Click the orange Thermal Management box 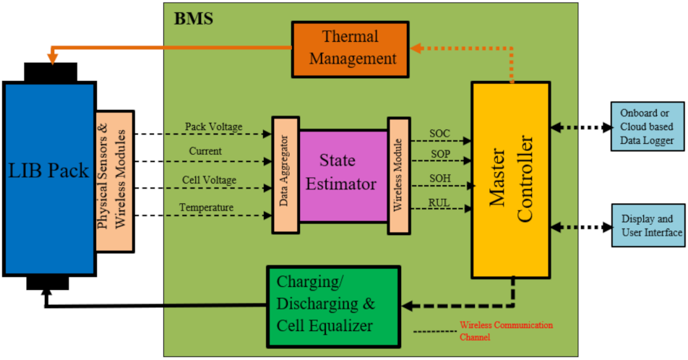click(x=350, y=48)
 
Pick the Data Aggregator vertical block click(x=285, y=174)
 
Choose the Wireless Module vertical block click(x=399, y=174)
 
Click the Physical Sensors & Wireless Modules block click(x=114, y=181)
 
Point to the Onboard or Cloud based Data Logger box click(x=647, y=127)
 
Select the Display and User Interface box click(x=647, y=226)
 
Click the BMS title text click(x=193, y=18)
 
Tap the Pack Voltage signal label click(x=213, y=127)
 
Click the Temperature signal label click(x=206, y=208)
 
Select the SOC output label click(x=439, y=133)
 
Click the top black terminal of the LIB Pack click(x=51, y=72)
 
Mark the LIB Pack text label click(x=49, y=171)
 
